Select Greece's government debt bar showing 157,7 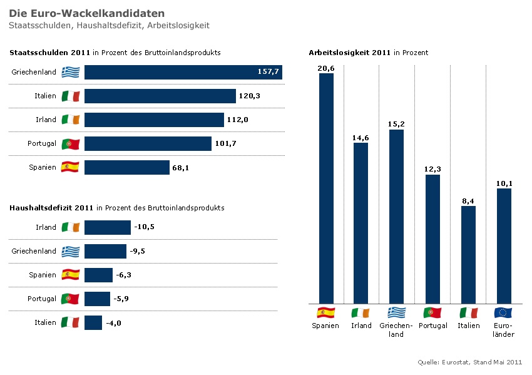tap(183, 72)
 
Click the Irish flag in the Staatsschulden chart tap(71, 120)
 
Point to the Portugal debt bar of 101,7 tap(148, 143)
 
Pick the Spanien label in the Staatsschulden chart tap(43, 167)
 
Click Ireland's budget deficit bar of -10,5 tap(107, 227)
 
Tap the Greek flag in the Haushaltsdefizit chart tap(71, 251)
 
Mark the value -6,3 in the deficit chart tap(123, 275)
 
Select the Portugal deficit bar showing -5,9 tap(97, 299)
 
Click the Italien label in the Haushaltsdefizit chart tap(45, 322)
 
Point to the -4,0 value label tap(113, 322)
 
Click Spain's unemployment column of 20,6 tap(326, 188)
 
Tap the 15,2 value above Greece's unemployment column tap(396, 124)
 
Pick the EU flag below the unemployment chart tap(503, 312)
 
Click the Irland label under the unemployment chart tap(361, 326)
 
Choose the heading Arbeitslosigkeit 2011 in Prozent tap(368, 53)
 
